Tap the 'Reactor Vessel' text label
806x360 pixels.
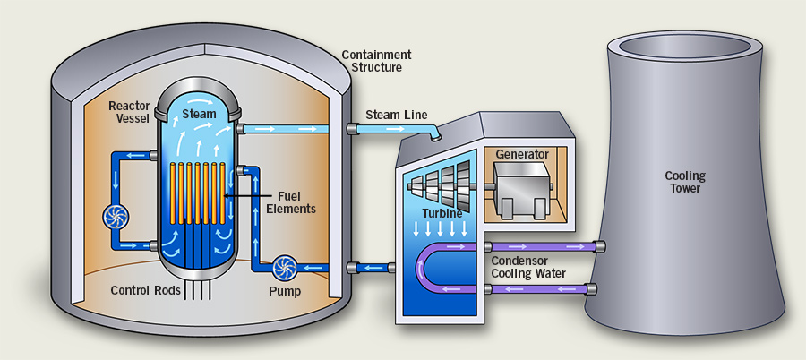[x=130, y=113]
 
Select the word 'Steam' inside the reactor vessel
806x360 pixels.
[x=199, y=114]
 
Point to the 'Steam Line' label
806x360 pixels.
[x=397, y=115]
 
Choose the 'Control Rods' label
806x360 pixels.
[x=146, y=291]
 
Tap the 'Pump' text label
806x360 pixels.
[x=284, y=291]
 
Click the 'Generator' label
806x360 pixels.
[x=523, y=154]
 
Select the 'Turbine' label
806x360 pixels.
[x=442, y=214]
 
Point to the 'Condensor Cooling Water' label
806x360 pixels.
[x=533, y=267]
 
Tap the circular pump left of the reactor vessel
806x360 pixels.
[x=117, y=218]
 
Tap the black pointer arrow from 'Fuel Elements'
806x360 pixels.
[x=240, y=194]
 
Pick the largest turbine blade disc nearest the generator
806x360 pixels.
[x=463, y=184]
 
